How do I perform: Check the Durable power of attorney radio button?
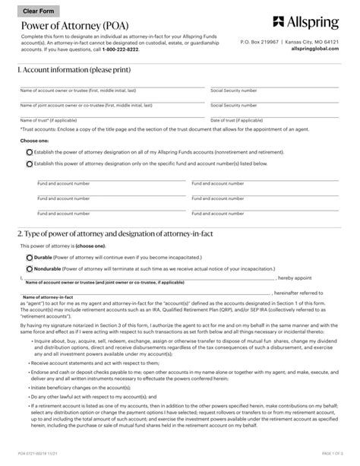pyautogui.click(x=30, y=258)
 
